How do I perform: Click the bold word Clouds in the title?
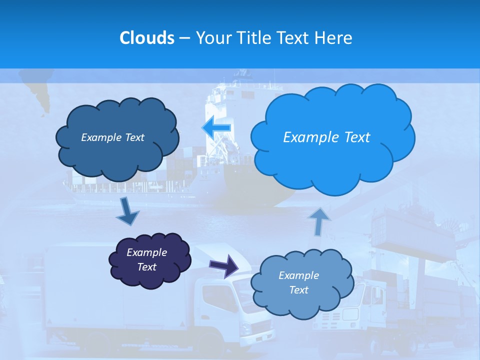coord(146,38)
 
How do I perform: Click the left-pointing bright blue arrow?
coord(216,127)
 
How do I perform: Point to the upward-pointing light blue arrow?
coord(319,221)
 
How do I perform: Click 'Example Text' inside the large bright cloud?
coord(326,137)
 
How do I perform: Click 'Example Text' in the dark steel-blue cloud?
coord(112,137)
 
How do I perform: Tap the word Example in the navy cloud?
coord(146,252)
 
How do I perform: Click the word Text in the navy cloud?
coord(146,267)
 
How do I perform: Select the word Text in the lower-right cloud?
coord(298,290)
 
